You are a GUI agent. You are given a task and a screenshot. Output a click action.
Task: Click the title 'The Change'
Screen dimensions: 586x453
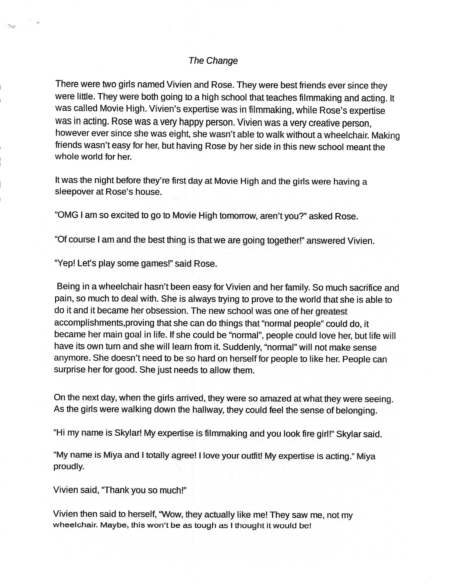[213, 61]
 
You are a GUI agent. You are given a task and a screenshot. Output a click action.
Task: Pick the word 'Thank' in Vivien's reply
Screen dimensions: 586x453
[116, 490]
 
